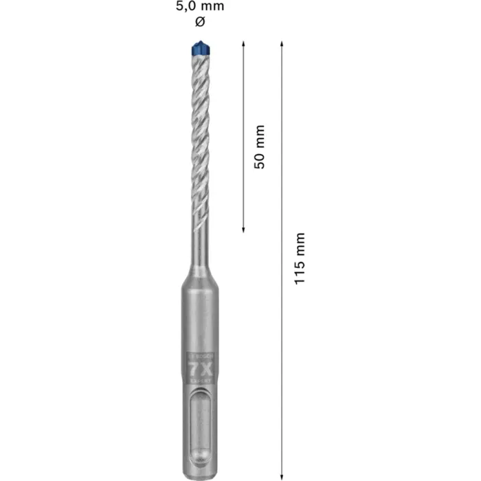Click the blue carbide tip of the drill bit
pyautogui.click(x=200, y=49)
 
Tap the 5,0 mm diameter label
pyautogui.click(x=200, y=7)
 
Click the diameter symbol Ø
pyautogui.click(x=200, y=22)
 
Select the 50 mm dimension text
pyautogui.click(x=259, y=146)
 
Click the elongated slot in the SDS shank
pyautogui.click(x=200, y=426)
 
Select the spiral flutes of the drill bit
pyautogui.click(x=200, y=137)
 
